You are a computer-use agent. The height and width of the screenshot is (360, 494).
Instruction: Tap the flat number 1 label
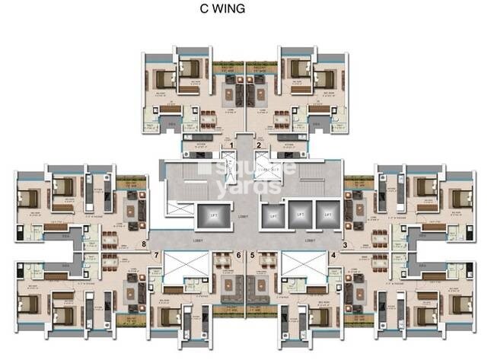pyautogui.click(x=231, y=145)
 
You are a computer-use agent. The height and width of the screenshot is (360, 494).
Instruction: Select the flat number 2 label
pyautogui.click(x=260, y=145)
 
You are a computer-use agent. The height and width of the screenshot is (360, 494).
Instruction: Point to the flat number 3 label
pyautogui.click(x=344, y=245)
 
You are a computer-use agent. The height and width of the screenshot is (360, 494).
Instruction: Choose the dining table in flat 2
pyautogui.click(x=283, y=119)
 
